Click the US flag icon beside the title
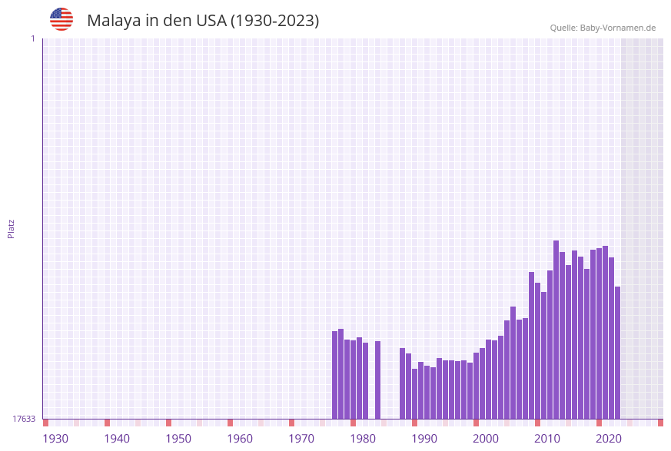click(61, 19)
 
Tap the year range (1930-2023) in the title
click(274, 21)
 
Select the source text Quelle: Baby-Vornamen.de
click(603, 28)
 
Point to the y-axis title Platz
click(11, 228)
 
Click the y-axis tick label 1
click(32, 38)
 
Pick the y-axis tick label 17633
click(24, 419)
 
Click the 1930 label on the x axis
click(55, 438)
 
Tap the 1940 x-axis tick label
click(117, 438)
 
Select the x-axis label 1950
click(178, 438)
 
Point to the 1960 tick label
click(240, 438)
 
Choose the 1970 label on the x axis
click(301, 438)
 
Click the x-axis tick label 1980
click(363, 438)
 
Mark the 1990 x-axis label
click(424, 438)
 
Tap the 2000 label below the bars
click(486, 438)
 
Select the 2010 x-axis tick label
click(547, 438)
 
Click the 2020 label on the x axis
click(609, 438)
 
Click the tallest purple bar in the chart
click(556, 330)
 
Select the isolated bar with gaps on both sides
click(377, 380)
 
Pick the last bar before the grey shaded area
click(617, 353)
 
